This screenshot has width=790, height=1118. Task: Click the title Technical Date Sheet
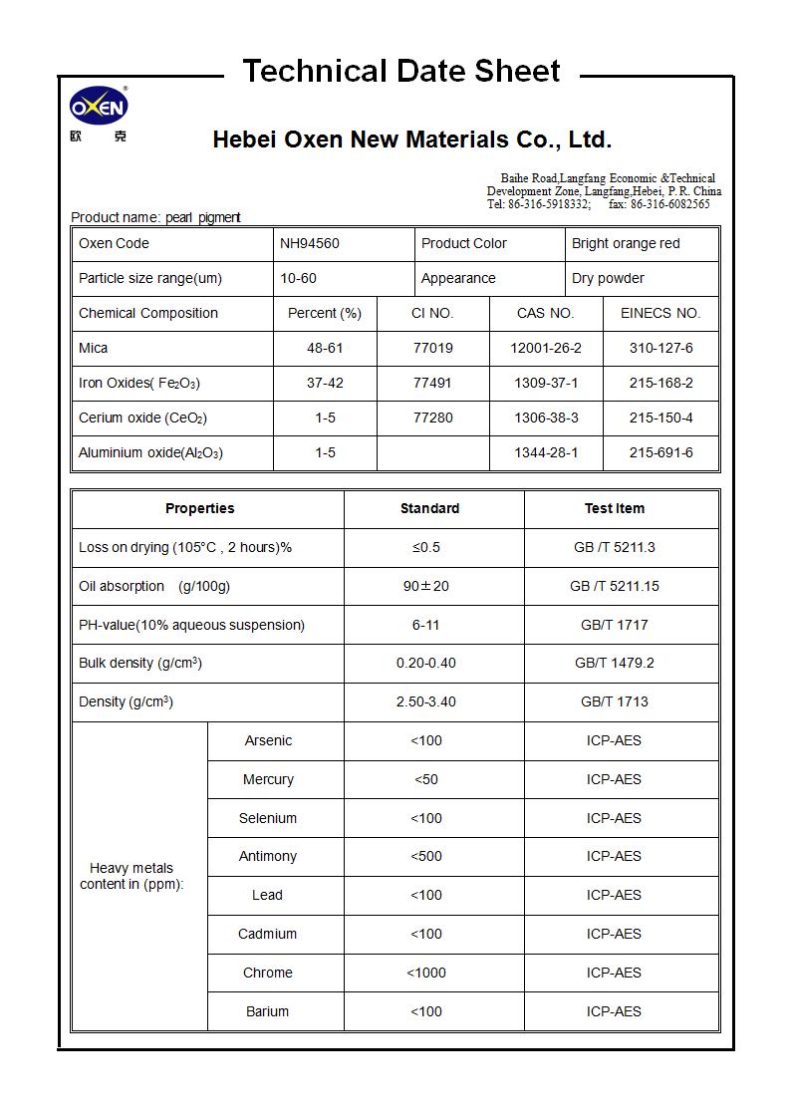click(x=401, y=72)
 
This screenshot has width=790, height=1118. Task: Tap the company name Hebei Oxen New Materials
click(x=411, y=140)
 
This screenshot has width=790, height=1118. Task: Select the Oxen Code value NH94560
click(x=310, y=243)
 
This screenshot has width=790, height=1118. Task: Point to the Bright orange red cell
click(x=626, y=243)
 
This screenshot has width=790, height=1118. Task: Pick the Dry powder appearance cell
click(x=608, y=278)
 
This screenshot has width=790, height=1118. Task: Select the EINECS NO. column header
click(x=660, y=313)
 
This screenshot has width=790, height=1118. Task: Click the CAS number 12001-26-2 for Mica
click(x=546, y=348)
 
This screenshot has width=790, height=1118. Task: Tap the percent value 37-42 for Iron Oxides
click(x=325, y=383)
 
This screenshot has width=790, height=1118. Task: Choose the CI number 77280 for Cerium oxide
click(x=432, y=418)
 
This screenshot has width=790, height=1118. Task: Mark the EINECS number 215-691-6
click(x=660, y=452)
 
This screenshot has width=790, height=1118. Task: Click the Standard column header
click(x=429, y=508)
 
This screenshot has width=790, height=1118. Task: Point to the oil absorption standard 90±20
click(x=426, y=586)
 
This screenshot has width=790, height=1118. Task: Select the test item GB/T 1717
click(x=614, y=625)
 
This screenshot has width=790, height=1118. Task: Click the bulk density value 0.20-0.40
click(x=426, y=663)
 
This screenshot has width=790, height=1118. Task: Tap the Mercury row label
click(x=268, y=779)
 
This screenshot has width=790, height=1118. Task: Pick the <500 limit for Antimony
click(x=426, y=856)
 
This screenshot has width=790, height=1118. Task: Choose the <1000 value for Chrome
click(x=426, y=973)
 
